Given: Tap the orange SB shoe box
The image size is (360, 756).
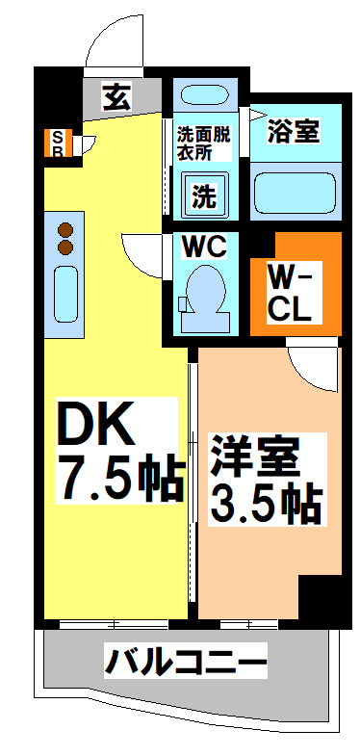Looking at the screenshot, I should point(56,142).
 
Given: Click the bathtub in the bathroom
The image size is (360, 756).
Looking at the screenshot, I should point(293,193).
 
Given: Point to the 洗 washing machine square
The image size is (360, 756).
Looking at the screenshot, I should point(203,196).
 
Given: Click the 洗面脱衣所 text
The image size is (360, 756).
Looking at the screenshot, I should point(202,143).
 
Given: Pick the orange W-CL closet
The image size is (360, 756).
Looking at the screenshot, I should point(295,284).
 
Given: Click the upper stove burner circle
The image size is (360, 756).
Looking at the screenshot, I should point(65,231).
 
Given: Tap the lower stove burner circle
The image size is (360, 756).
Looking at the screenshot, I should point(65,248).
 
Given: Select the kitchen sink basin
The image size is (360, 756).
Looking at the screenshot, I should point(65,294).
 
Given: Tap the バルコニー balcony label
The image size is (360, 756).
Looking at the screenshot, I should point(184,664).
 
